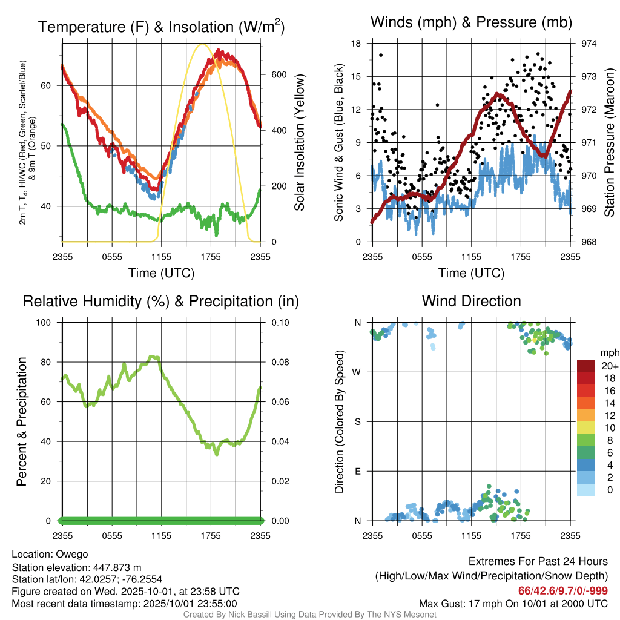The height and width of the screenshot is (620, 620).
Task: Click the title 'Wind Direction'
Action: pos(471,301)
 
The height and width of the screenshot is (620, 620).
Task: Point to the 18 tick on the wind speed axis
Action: pos(356,44)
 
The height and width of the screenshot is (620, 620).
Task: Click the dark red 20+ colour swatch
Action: pos(586,366)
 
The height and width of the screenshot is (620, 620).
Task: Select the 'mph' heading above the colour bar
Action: pos(608,352)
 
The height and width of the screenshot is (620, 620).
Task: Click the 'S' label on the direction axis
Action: pos(357,421)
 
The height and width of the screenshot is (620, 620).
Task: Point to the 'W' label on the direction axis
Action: pos(357,372)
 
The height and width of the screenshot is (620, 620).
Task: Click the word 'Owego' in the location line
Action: pos(72,554)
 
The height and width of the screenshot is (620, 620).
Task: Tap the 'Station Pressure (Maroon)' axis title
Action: pos(609,143)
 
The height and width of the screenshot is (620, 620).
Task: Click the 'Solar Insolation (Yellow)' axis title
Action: pos(299,143)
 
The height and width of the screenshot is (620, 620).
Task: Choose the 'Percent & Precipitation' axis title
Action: pos(22,421)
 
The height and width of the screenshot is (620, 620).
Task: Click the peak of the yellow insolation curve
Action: pos(203,44)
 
